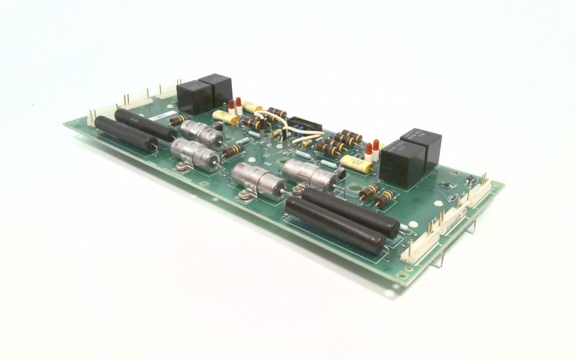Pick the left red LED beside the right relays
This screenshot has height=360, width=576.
(x=367, y=152)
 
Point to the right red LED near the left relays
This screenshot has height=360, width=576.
(x=239, y=106)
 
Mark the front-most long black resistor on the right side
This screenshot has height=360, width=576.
(x=335, y=226)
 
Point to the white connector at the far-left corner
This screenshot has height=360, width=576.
(x=96, y=117)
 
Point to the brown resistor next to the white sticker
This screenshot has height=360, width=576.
(x=179, y=120)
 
